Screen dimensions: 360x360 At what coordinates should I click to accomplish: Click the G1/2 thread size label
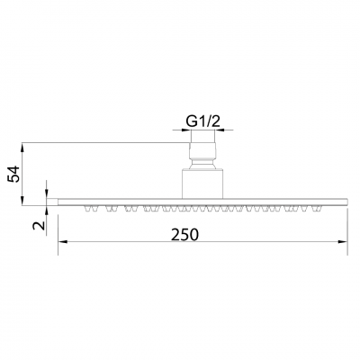coord(204,118)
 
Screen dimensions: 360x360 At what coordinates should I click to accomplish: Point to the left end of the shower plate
coord(60,202)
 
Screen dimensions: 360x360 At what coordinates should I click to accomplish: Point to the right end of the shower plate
coord(347,202)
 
